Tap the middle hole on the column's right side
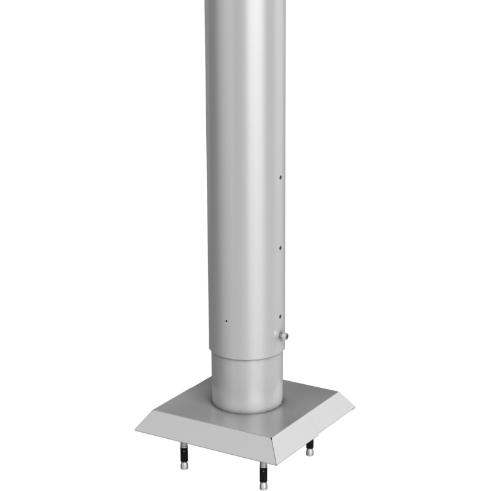[x=281, y=249]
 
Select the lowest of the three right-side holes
[x=280, y=317]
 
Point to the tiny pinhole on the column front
[x=226, y=321]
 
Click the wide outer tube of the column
[x=245, y=184]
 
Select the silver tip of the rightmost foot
[x=310, y=452]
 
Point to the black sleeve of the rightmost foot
[x=310, y=444]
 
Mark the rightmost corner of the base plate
[x=355, y=405]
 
